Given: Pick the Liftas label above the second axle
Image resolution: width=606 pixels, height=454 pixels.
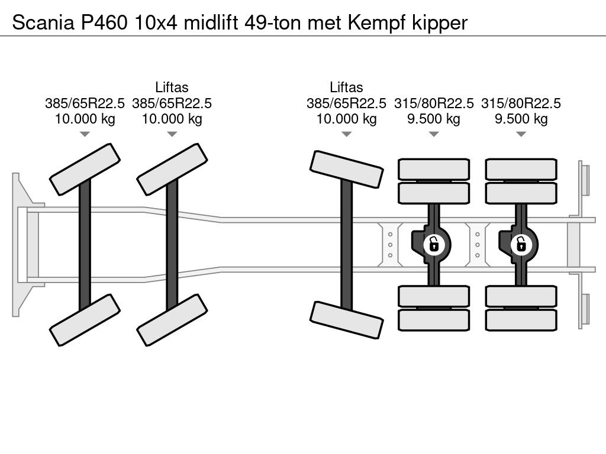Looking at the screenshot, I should coord(172,87).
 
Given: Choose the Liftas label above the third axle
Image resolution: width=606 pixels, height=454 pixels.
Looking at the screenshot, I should coord(346,87).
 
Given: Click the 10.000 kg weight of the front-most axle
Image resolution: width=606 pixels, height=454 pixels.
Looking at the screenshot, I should coord(85,119).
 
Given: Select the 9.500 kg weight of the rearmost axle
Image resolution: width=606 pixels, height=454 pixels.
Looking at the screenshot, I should coord(521,119).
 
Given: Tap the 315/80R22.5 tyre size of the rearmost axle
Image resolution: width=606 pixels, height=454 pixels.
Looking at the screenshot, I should coord(521,103).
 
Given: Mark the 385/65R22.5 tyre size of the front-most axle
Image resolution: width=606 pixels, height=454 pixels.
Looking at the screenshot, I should coord(85,103).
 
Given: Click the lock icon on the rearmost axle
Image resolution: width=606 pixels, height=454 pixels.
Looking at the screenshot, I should coord(521,243).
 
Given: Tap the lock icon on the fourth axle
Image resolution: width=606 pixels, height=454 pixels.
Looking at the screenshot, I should coord(434,243).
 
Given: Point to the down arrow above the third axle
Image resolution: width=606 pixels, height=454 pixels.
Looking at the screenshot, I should coord(346,135).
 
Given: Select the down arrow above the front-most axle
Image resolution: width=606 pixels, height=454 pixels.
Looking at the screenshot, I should coord(85,135).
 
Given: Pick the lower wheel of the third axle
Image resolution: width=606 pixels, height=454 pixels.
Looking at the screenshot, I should coord(346,320).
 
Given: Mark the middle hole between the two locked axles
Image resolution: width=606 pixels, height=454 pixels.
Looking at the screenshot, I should coord(477,244).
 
